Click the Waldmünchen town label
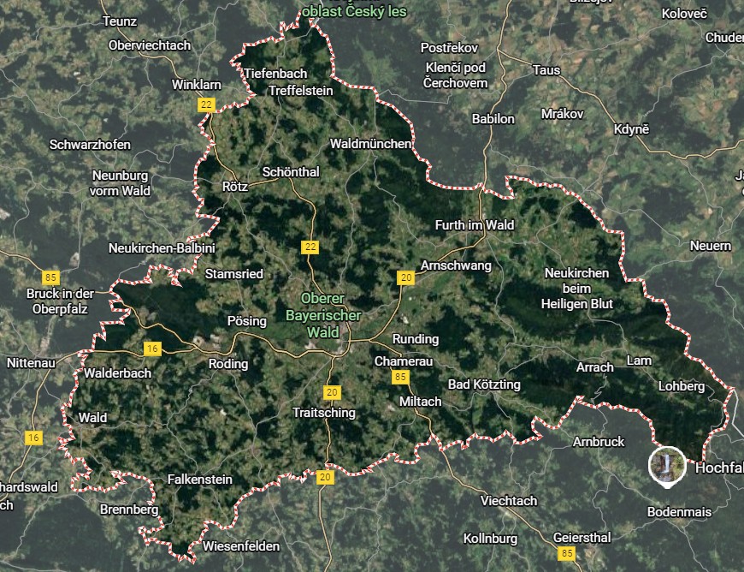click(370, 144)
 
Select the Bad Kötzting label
click(484, 384)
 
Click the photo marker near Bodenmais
click(666, 464)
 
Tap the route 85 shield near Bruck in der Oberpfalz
click(51, 277)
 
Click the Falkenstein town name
click(199, 478)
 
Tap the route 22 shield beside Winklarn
click(205, 104)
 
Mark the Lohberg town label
click(682, 386)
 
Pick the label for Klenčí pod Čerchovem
click(455, 75)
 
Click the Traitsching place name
click(323, 412)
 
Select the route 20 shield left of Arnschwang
click(405, 277)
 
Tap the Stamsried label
click(234, 274)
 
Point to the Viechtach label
click(509, 501)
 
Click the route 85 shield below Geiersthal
click(568, 555)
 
